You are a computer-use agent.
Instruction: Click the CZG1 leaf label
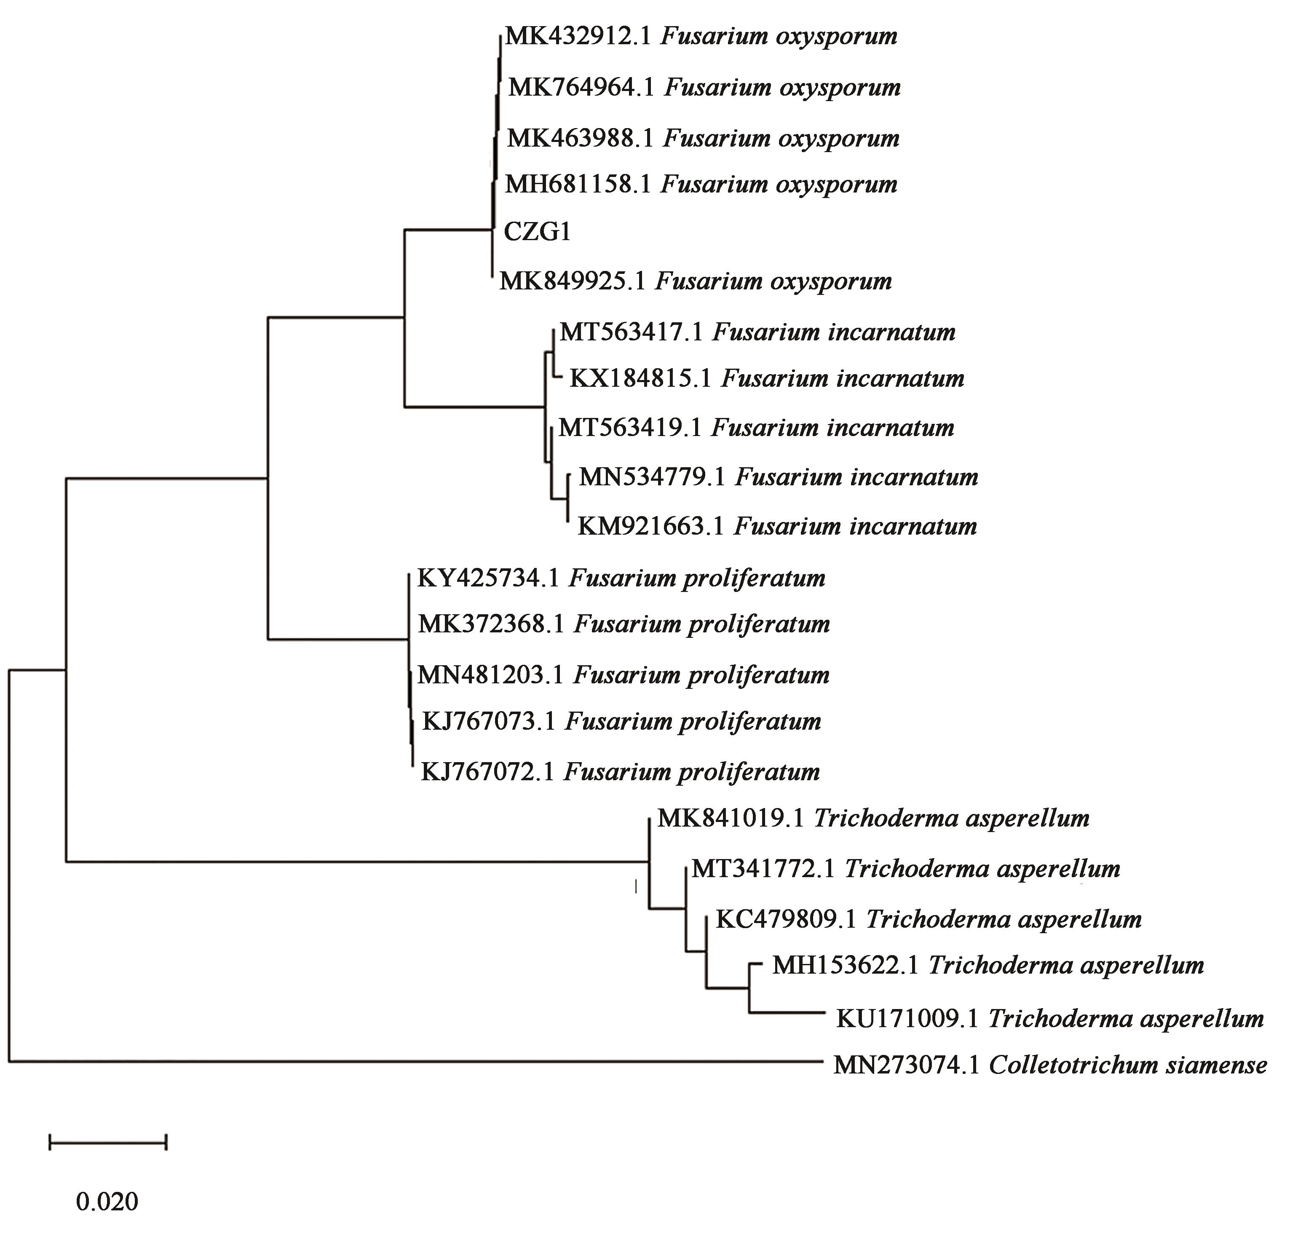(x=537, y=232)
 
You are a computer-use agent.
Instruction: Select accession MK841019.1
(x=731, y=818)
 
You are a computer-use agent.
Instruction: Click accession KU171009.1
(x=907, y=1019)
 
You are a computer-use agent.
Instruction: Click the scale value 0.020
(x=107, y=1202)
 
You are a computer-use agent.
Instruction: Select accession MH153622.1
(x=846, y=966)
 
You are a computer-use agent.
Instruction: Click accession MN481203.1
(x=490, y=675)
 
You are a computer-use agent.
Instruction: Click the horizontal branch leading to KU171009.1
(x=787, y=1012)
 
